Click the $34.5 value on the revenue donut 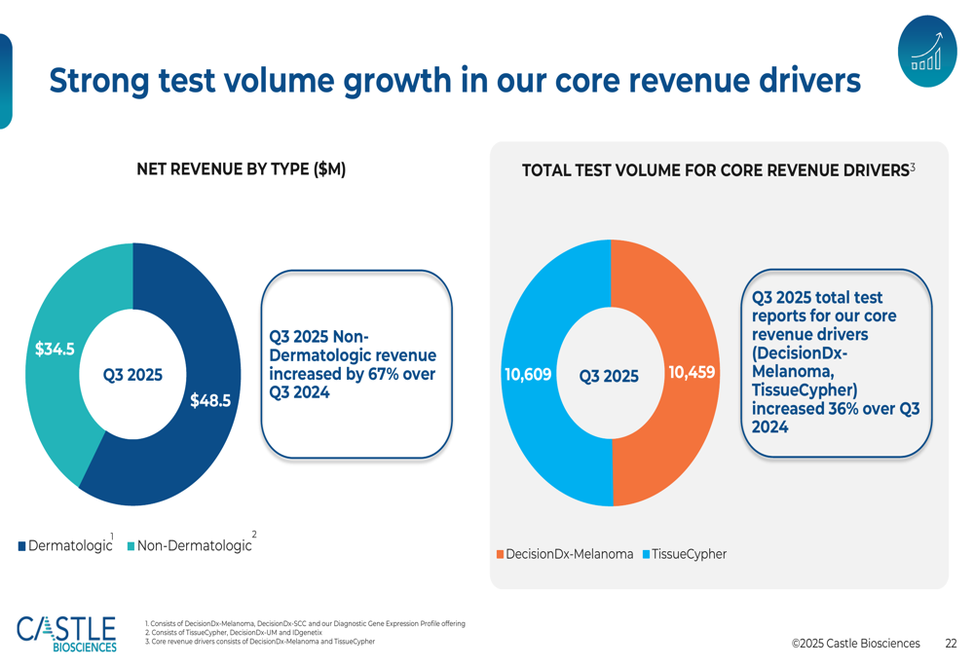click(55, 349)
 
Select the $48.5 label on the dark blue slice click(210, 399)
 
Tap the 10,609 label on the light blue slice click(528, 374)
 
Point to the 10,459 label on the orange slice click(692, 372)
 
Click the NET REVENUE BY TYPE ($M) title click(241, 169)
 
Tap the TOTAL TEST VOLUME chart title click(716, 170)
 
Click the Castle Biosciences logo click(66, 633)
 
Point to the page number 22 click(951, 644)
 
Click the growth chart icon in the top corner click(926, 52)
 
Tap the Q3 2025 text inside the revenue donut click(132, 375)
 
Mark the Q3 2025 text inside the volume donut click(609, 376)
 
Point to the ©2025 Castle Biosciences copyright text click(855, 644)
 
